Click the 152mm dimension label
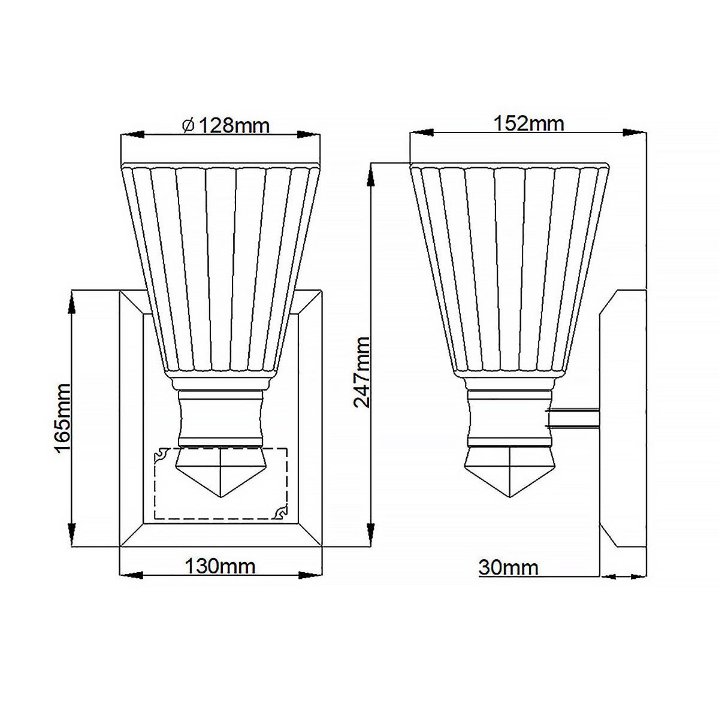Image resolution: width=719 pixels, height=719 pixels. coord(528,123)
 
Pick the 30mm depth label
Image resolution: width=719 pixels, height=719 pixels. coord(508,567)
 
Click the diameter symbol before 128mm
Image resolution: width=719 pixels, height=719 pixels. coord(188,126)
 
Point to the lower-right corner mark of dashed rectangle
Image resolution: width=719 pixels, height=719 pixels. coord(280,513)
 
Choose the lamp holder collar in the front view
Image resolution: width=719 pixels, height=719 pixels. coord(221,418)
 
